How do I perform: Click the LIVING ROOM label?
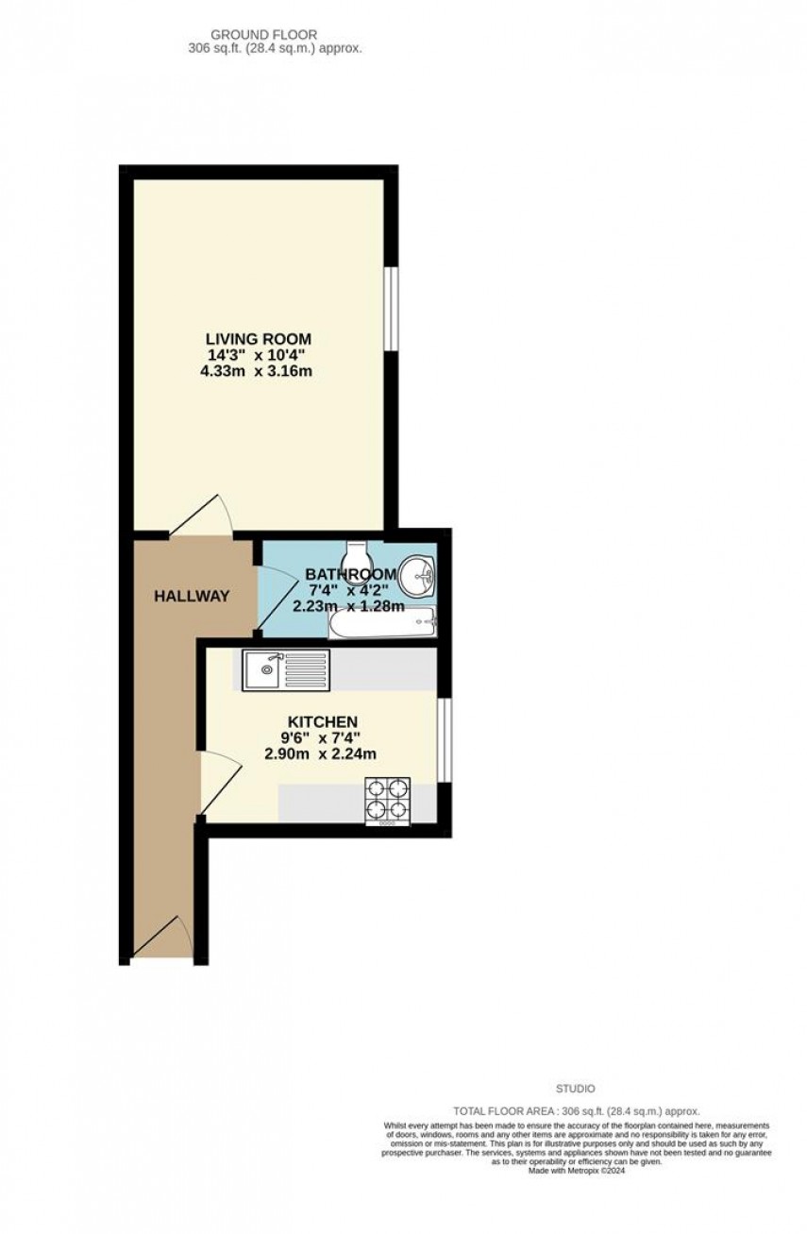pos(259,338)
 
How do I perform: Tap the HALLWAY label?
pos(193,596)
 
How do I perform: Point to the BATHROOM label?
pos(350,574)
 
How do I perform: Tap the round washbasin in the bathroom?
pos(417,575)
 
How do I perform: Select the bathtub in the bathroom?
pos(381,622)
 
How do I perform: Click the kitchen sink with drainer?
pos(285,670)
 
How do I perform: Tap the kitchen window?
pos(445,740)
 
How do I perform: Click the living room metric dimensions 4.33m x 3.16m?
pos(259,371)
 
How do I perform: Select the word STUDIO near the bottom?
pos(576,1089)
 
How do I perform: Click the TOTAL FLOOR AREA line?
pos(576,1112)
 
